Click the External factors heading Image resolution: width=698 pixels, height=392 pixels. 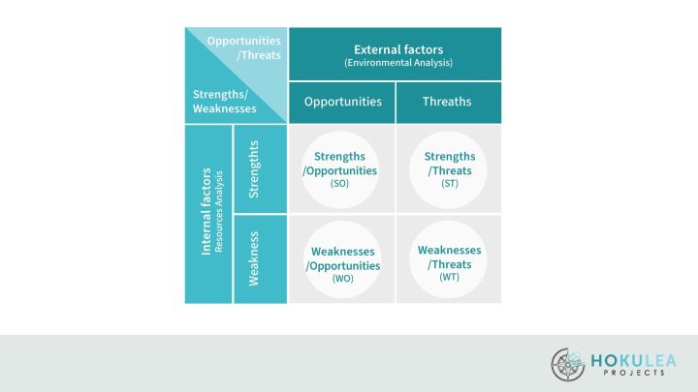point(398,49)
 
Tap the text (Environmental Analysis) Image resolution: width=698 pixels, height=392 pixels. point(398,63)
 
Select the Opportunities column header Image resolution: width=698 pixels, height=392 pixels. point(343,102)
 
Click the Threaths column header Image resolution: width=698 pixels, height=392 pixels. point(447,102)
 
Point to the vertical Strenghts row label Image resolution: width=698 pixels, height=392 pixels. point(253,169)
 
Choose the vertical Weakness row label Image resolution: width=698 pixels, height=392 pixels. point(253,258)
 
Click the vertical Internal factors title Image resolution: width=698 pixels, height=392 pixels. point(206,211)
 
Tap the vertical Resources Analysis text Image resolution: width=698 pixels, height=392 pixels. point(218,212)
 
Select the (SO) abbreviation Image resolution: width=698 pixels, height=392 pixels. point(339,183)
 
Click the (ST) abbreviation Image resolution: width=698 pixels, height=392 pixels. point(450,183)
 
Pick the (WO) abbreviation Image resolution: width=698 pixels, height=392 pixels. point(343,278)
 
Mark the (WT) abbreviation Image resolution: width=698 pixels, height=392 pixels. point(449,277)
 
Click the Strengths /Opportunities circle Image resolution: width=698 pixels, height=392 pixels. point(340,169)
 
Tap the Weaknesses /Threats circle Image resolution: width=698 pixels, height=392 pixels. point(448,259)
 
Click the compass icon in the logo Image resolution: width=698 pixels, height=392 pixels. point(568,365)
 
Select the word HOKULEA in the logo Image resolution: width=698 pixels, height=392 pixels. point(633,360)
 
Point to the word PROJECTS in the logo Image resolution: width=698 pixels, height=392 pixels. point(634,373)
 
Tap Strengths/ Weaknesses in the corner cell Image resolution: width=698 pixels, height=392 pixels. point(224,102)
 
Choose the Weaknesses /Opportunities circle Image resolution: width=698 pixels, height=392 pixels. point(342,259)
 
